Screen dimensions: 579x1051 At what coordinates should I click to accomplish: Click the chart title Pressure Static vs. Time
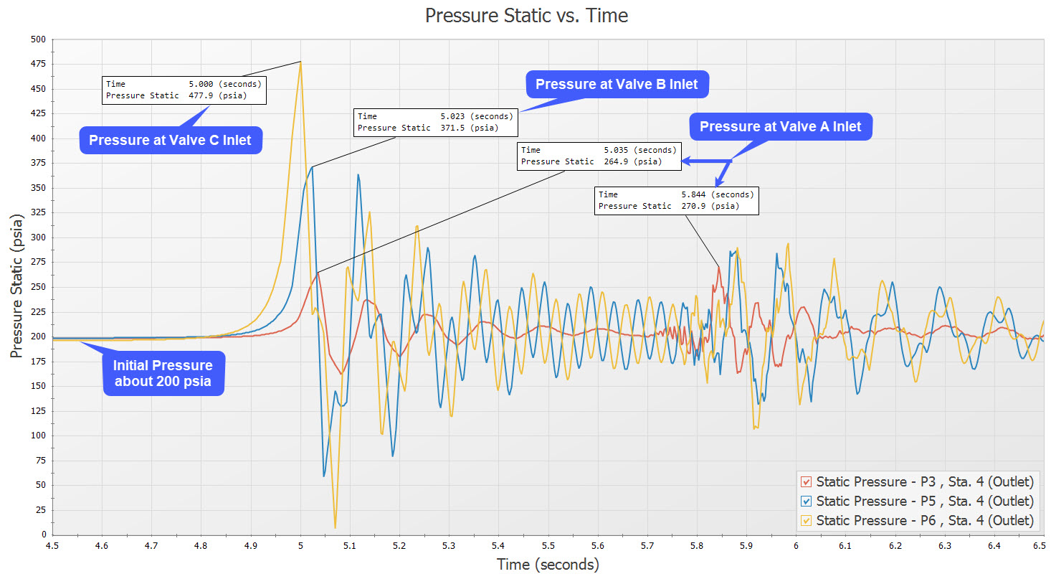point(526,15)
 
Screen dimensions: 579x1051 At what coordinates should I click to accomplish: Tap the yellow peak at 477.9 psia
point(301,62)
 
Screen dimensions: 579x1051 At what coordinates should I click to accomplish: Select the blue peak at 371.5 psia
point(312,167)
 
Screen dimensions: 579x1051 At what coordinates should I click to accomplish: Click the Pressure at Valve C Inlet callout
point(170,141)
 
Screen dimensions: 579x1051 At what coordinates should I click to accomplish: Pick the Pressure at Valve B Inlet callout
point(617,84)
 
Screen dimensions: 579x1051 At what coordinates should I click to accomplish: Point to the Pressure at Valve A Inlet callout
point(780,127)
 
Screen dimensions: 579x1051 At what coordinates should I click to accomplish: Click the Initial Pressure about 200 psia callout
point(163,373)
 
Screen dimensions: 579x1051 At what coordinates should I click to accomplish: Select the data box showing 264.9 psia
point(599,156)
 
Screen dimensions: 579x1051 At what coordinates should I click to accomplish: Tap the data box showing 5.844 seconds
point(676,200)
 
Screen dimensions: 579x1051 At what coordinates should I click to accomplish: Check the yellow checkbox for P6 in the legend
point(807,520)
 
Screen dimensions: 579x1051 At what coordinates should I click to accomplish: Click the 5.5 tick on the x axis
point(548,546)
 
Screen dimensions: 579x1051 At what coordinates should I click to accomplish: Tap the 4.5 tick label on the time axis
point(54,546)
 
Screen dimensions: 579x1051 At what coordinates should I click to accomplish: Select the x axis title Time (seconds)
point(548,565)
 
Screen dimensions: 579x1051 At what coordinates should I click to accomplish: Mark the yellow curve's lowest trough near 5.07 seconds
point(335,527)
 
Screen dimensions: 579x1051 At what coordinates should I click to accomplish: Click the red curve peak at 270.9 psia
point(718,267)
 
